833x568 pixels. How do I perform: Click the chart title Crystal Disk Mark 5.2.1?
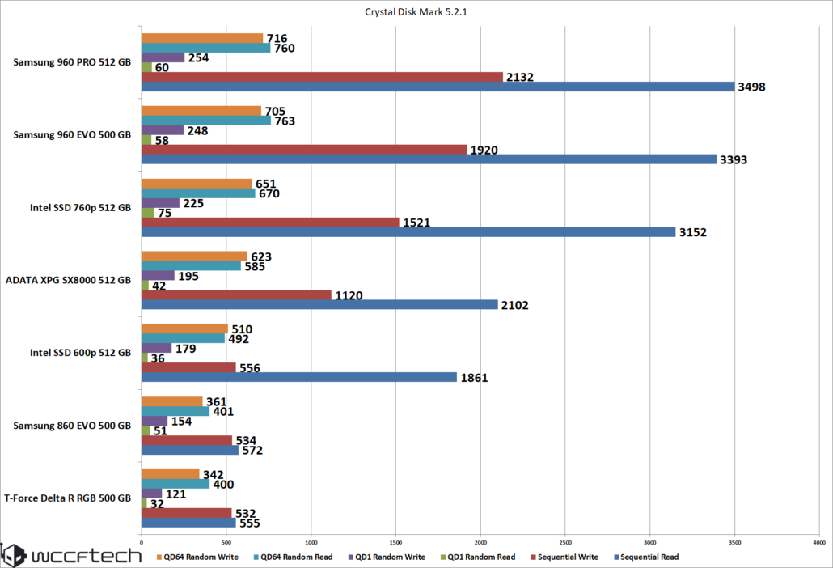tap(416, 12)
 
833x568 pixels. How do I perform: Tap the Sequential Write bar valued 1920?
tap(304, 150)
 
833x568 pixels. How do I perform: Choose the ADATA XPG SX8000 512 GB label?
tap(69, 281)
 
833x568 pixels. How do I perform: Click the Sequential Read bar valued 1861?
tap(299, 377)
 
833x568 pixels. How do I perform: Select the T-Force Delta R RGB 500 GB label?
tap(67, 499)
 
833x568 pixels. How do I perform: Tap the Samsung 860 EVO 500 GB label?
tap(73, 426)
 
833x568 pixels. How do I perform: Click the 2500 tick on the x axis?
tap(565, 541)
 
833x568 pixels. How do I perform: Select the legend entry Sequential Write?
tap(569, 557)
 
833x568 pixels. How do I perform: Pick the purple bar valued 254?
tap(163, 57)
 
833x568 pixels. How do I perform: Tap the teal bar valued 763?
tap(206, 121)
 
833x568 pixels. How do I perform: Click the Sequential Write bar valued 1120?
tap(236, 295)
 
